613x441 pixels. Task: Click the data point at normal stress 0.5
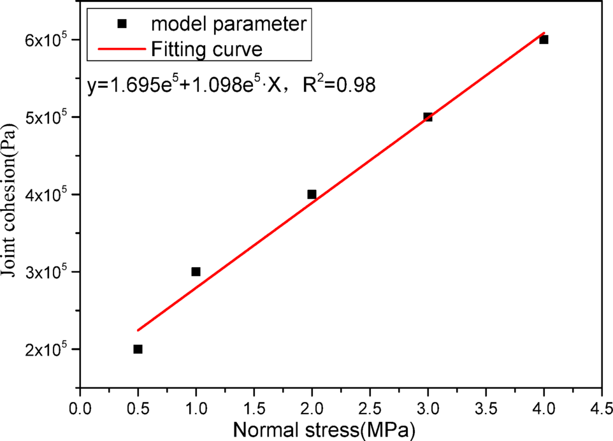tap(138, 349)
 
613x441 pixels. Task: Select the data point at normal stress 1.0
tap(196, 271)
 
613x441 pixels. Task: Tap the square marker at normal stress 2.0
tap(312, 194)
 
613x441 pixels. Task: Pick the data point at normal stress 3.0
tap(428, 117)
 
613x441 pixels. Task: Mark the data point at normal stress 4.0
tap(544, 40)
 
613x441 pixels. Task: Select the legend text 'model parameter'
tap(229, 24)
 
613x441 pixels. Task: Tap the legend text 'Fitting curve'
tap(207, 48)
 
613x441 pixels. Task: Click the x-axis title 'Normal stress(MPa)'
tap(325, 430)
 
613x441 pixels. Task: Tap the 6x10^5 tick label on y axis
tap(43, 40)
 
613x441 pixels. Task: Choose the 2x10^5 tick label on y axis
tap(43, 349)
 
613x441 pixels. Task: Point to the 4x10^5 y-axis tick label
tap(43, 194)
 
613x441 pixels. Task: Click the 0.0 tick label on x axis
tap(80, 405)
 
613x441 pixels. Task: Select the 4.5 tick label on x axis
tap(602, 405)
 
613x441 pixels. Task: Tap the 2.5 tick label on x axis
tap(370, 405)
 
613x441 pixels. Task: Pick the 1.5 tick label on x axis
tap(254, 405)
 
